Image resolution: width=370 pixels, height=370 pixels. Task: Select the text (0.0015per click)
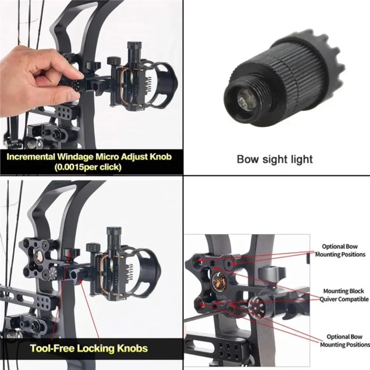coord(88,167)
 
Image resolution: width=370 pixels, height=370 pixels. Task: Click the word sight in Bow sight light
coord(275,159)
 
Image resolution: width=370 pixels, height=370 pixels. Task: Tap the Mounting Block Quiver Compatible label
coord(344,295)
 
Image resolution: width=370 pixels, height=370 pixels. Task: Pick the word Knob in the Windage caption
coord(160,157)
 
